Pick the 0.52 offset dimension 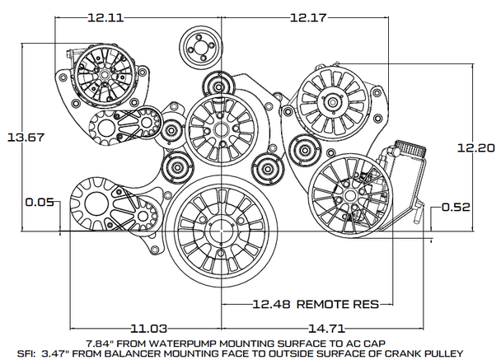pyautogui.click(x=456, y=207)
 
